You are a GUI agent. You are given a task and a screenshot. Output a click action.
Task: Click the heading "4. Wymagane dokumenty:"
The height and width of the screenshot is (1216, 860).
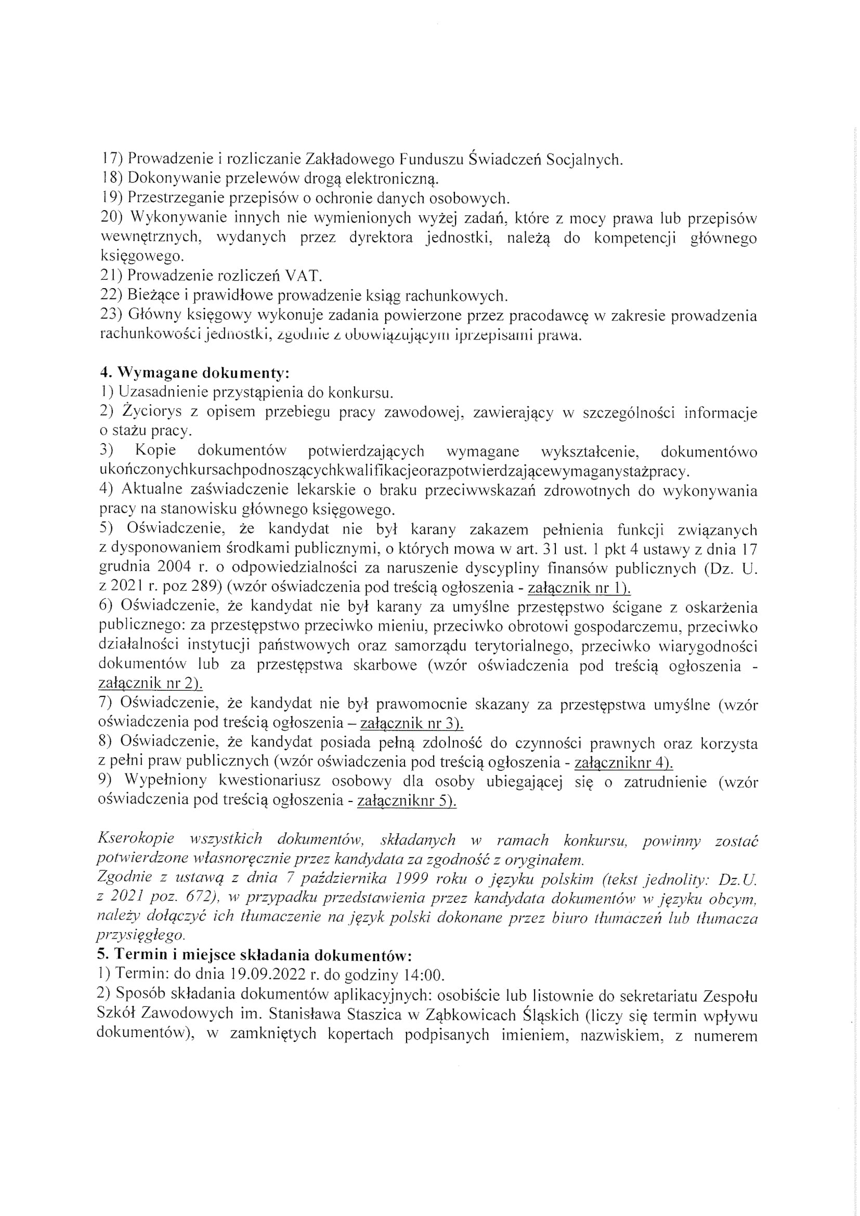(194, 373)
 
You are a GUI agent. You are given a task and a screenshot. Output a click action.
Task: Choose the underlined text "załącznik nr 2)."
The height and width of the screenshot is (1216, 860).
(151, 684)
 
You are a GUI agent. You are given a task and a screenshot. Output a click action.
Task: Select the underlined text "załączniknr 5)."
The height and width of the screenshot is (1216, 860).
(407, 801)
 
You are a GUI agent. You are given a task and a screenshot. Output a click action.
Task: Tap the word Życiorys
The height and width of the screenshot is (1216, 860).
(151, 412)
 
